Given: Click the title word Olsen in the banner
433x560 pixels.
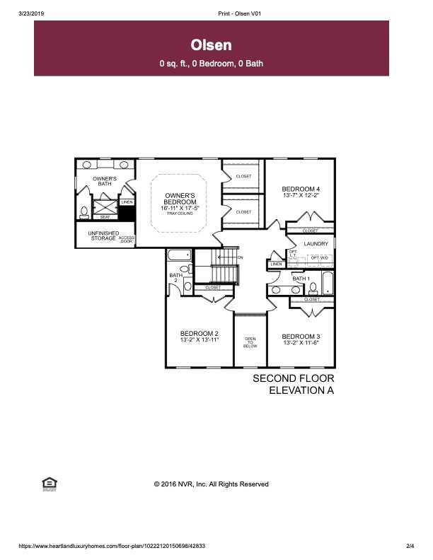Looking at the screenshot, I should point(212,45).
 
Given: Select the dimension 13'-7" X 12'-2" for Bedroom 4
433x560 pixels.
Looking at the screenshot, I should point(301,196).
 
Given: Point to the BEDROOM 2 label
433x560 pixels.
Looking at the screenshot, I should point(199,333).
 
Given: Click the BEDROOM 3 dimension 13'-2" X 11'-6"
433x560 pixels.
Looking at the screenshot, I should point(301,342).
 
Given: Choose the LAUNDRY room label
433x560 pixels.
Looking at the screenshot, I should point(316,244).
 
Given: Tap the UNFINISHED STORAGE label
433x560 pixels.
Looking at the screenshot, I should point(103,236).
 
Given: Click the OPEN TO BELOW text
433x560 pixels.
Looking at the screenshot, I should point(250,342).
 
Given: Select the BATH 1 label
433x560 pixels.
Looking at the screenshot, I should point(301,279).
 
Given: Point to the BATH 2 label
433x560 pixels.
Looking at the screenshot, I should point(174,278).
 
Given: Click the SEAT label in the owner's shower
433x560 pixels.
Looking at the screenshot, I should point(104,217).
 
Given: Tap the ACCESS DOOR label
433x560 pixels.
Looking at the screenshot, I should point(126,240).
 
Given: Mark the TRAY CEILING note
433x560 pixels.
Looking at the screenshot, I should point(179,213).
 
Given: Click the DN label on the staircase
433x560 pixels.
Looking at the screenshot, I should point(240,257).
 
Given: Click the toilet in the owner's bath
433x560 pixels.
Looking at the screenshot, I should point(83,210).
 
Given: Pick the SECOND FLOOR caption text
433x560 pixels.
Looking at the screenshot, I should point(293,379).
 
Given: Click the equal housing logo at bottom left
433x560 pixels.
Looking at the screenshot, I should point(50,483).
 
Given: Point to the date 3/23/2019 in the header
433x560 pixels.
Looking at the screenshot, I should point(30,13).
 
